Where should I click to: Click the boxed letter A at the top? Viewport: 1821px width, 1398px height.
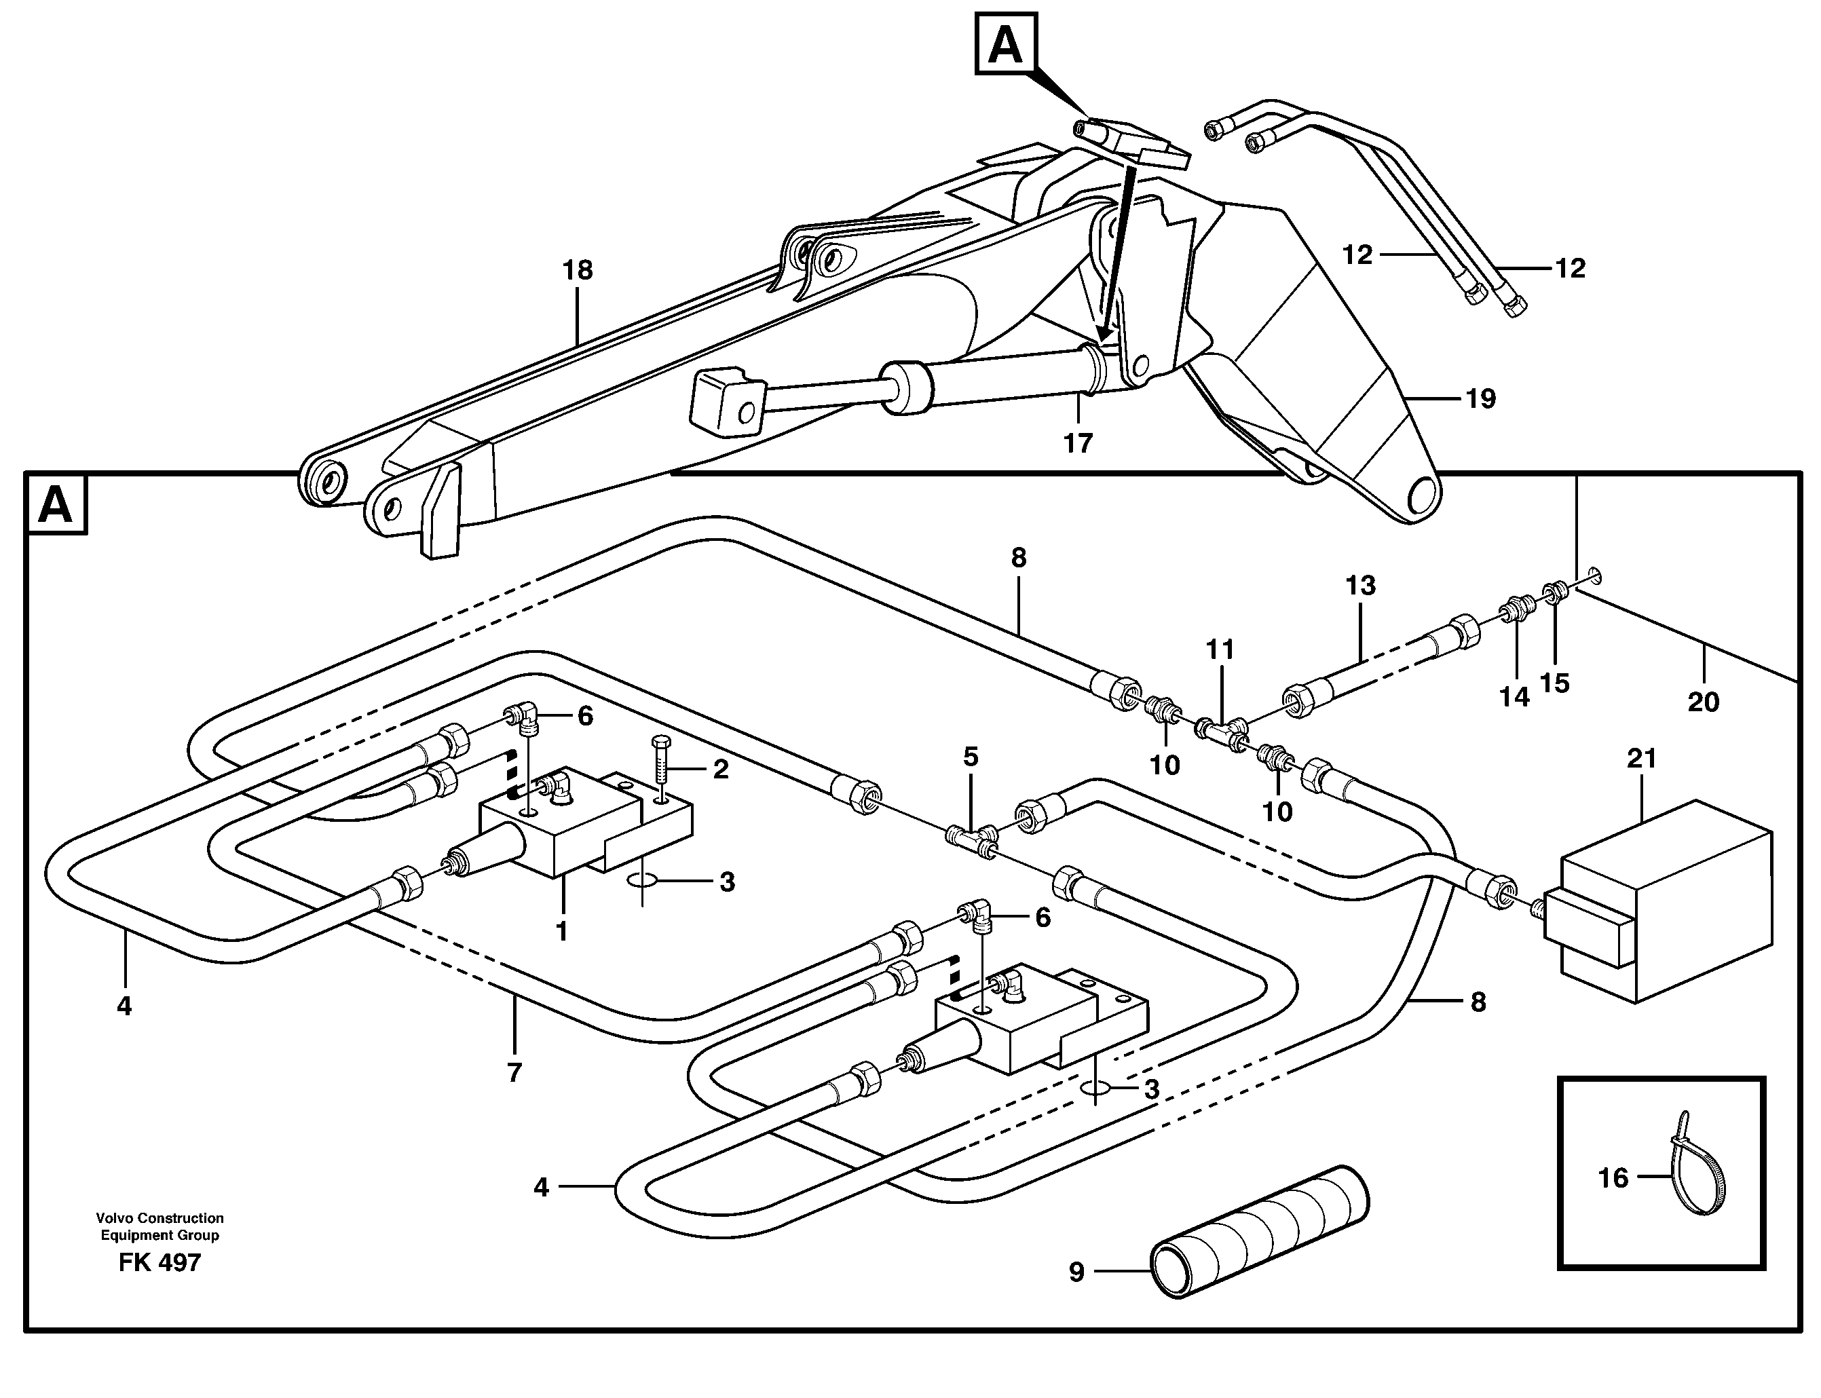coord(1005,44)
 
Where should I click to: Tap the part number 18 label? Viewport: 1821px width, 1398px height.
coord(577,271)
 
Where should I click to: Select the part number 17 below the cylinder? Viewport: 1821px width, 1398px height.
coord(1078,444)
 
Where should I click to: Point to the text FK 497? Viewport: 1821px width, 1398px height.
coord(159,1263)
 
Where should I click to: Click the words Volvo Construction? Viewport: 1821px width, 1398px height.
coord(159,1217)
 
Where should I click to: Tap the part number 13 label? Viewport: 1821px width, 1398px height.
coord(1360,585)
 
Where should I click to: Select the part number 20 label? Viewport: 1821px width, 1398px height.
coord(1703,702)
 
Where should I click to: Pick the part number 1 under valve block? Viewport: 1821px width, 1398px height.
coord(562,931)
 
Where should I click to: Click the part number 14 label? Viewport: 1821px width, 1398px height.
coord(1514,696)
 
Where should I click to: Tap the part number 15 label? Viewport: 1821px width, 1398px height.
coord(1554,683)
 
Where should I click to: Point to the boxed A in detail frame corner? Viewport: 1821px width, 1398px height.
coord(56,504)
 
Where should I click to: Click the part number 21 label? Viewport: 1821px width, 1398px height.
coord(1642,758)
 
